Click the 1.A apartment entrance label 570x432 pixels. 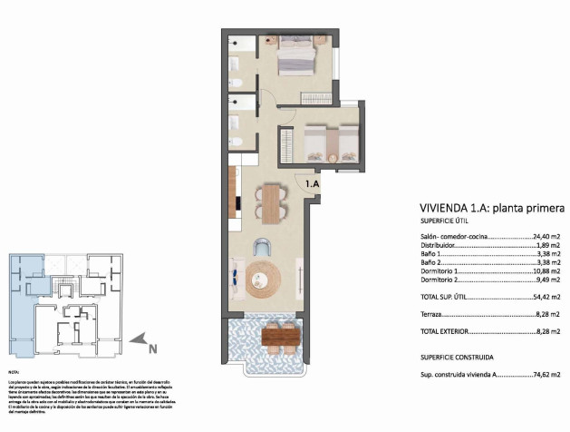pyautogui.click(x=312, y=184)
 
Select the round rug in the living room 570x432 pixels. pyautogui.click(x=264, y=277)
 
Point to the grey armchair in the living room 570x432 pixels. pyautogui.click(x=262, y=246)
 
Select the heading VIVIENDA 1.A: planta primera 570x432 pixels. pyautogui.click(x=492, y=206)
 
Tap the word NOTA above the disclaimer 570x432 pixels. pyautogui.click(x=14, y=372)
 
